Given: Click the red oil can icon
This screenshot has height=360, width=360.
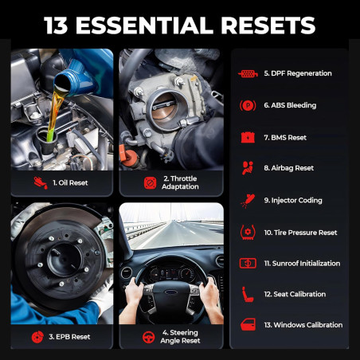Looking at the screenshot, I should coord(40,182).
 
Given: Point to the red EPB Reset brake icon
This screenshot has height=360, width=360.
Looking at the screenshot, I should coord(37,337).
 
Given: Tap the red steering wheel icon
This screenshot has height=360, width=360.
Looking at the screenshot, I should coord(148,337).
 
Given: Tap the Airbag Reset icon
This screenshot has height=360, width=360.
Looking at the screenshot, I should coord(247,168).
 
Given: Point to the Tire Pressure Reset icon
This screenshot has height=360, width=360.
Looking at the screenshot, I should coord(247,232).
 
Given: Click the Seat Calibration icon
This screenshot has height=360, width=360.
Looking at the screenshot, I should coord(247,294).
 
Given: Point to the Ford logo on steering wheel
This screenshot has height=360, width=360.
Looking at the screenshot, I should coord(170,292).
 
